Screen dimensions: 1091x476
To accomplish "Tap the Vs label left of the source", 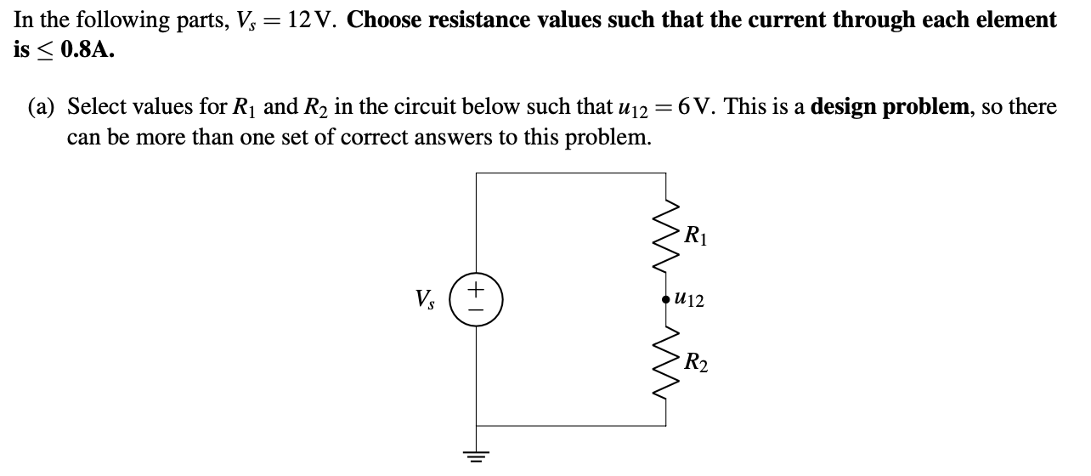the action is pos(423,300).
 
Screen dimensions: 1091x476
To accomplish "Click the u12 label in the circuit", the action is pos(689,301).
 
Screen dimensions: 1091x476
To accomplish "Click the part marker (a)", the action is pos(40,107).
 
